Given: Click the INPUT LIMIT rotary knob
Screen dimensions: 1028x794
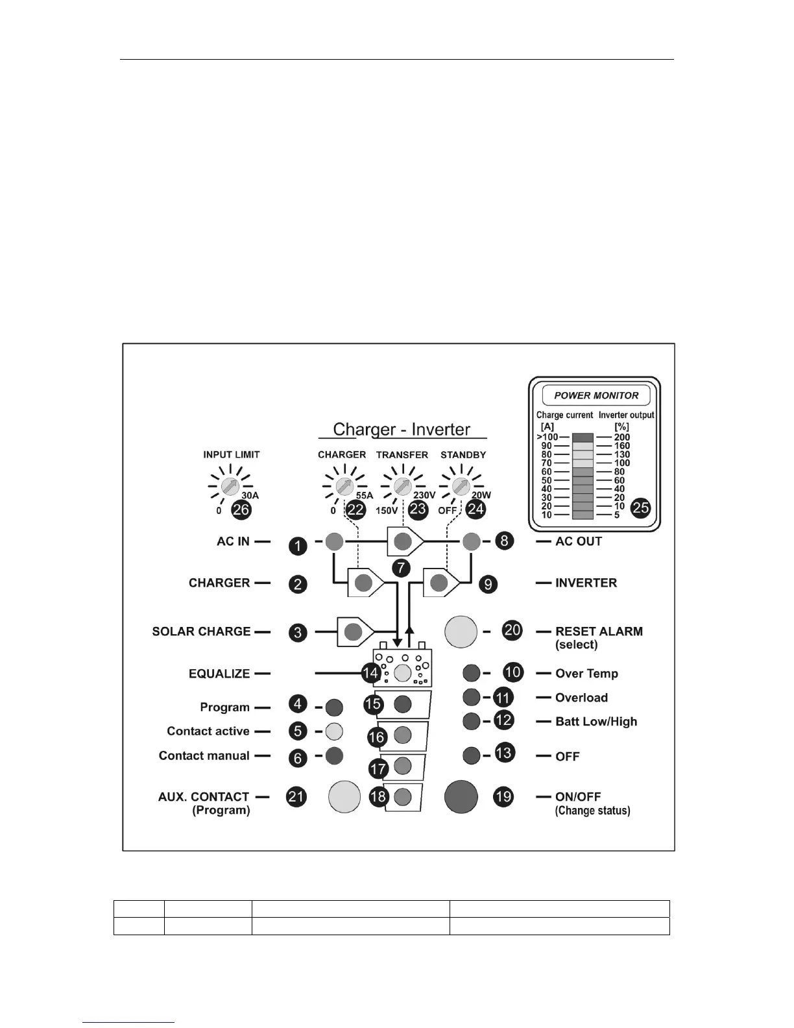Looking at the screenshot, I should [x=229, y=486].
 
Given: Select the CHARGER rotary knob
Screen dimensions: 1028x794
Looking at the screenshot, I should [x=343, y=486].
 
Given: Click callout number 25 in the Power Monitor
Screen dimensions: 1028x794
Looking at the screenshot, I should [x=641, y=508].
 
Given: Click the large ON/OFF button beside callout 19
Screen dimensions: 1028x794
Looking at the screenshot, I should [x=461, y=796].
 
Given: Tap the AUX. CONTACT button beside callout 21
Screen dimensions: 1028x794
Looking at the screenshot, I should [x=344, y=796].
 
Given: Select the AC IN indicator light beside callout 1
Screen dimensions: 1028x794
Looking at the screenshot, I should [x=334, y=541].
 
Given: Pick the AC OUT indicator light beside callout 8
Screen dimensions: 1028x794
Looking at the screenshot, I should [x=472, y=541].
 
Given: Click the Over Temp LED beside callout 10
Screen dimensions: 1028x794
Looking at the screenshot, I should [x=472, y=673].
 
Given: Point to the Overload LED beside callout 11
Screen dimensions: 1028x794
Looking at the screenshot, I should [x=472, y=697].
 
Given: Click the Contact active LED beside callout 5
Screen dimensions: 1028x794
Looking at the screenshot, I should [x=333, y=731].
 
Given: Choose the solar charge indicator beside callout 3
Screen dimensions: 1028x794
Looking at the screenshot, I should [x=353, y=631].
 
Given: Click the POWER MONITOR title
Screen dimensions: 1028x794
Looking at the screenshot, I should [x=596, y=395].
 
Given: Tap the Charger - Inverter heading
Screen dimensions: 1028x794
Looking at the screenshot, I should [x=402, y=430].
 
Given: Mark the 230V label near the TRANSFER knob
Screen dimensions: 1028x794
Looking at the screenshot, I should [x=424, y=495].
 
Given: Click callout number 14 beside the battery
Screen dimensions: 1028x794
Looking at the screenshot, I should [x=370, y=673].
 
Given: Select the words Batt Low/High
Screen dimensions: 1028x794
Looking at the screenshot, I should [x=596, y=722].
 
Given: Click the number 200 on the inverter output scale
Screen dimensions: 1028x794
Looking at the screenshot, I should [x=622, y=437].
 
